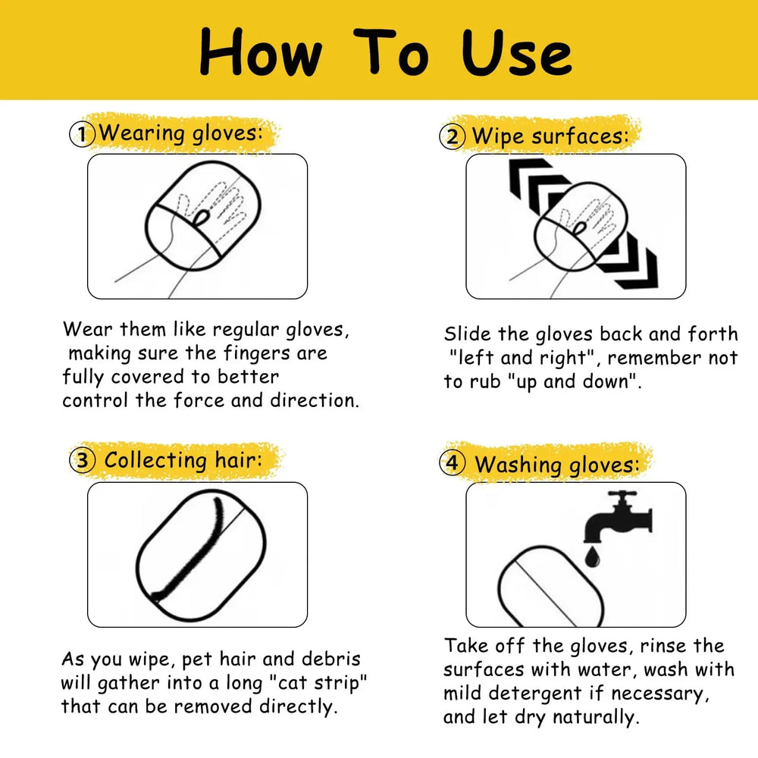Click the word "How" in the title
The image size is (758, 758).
[261, 52]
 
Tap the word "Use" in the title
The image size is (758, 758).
[517, 53]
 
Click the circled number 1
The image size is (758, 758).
[82, 134]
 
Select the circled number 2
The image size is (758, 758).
[453, 136]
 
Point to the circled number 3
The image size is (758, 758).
[83, 460]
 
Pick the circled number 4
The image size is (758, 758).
[453, 462]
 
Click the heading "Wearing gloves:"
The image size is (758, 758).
[182, 133]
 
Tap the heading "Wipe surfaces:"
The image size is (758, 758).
[550, 136]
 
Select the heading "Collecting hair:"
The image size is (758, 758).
[183, 460]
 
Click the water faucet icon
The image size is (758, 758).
[618, 517]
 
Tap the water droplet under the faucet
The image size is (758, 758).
[592, 557]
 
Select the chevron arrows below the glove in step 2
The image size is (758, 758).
[628, 261]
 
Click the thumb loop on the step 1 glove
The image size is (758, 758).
[201, 218]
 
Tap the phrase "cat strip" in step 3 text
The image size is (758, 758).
[318, 683]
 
